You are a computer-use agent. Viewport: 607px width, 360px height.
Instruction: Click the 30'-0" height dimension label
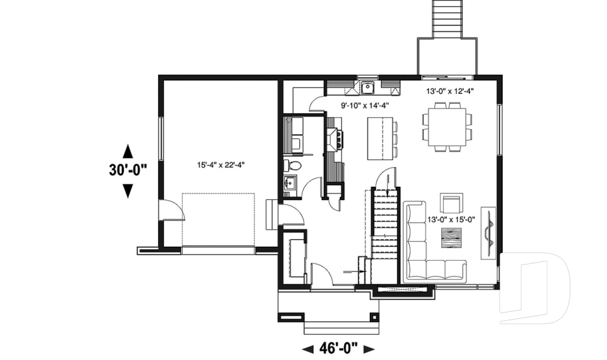click(x=127, y=170)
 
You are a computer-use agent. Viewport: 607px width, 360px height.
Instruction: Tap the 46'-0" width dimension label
click(x=338, y=347)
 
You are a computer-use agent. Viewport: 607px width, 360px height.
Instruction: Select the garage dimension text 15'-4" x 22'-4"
click(x=221, y=164)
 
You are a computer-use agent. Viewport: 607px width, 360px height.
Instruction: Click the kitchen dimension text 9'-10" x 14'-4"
click(x=365, y=106)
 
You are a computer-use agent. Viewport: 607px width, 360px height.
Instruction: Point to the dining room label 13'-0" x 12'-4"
click(x=450, y=91)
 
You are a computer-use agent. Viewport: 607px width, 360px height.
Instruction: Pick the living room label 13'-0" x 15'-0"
click(x=451, y=220)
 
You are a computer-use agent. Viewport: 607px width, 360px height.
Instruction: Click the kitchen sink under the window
click(x=367, y=87)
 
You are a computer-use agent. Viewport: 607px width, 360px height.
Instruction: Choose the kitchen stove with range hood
click(x=335, y=137)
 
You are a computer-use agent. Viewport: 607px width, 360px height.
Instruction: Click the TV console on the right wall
click(x=489, y=232)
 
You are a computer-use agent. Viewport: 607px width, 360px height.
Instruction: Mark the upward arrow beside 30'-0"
click(x=127, y=151)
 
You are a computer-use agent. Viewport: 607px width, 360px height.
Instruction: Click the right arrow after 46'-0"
click(x=369, y=348)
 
